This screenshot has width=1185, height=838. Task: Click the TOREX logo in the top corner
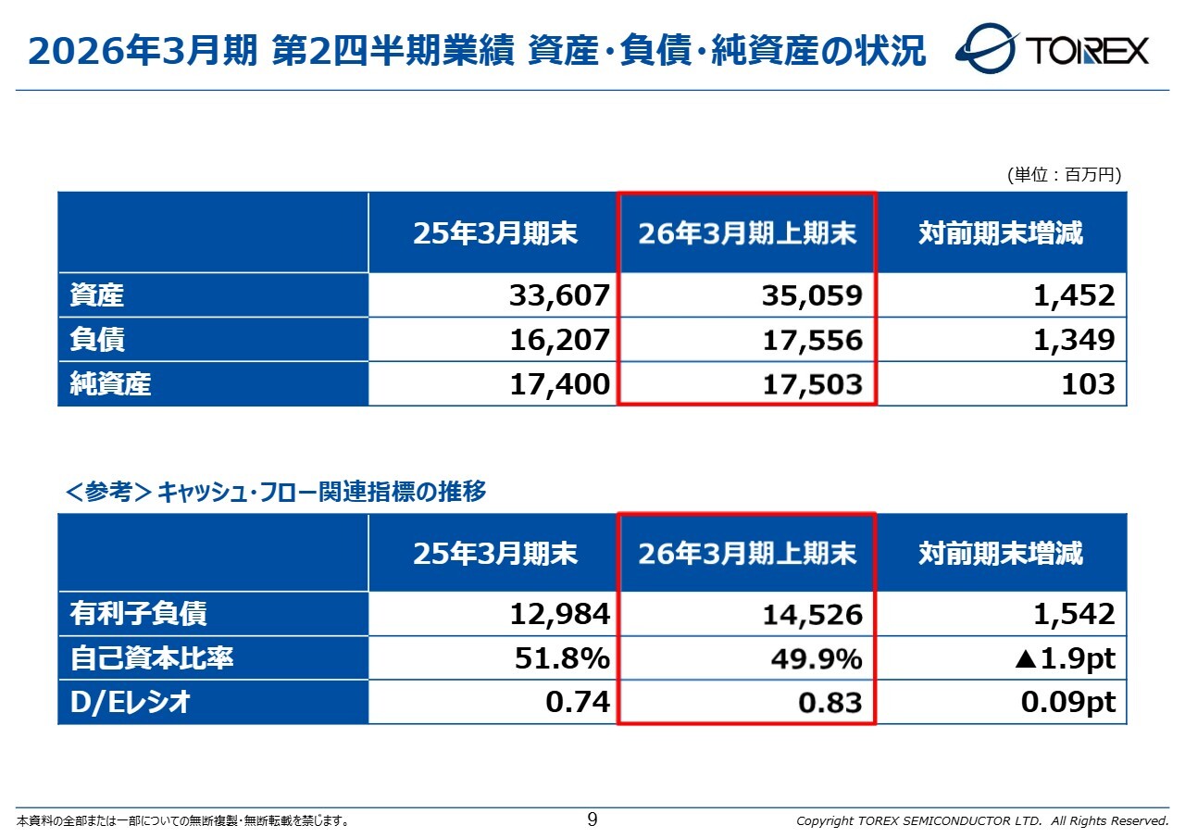click(1053, 49)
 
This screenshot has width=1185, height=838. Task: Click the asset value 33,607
click(559, 295)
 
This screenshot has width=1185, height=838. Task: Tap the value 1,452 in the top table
click(1074, 295)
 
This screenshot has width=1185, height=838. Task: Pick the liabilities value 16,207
click(559, 340)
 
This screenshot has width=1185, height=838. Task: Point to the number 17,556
click(812, 340)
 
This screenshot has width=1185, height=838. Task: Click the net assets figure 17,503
click(812, 384)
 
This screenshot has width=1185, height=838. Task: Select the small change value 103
click(1089, 384)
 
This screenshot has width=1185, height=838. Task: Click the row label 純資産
click(110, 384)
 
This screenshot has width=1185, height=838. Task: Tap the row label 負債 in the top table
click(97, 340)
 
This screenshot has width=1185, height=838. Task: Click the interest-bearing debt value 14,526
click(812, 614)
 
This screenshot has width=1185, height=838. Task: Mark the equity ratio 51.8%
click(562, 658)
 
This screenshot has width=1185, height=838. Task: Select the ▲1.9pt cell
click(1065, 658)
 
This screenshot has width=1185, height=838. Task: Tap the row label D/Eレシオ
click(131, 703)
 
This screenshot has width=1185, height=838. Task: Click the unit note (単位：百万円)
click(1064, 175)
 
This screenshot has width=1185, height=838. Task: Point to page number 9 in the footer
click(592, 819)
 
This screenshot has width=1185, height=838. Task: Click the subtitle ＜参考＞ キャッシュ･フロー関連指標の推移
click(275, 492)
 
